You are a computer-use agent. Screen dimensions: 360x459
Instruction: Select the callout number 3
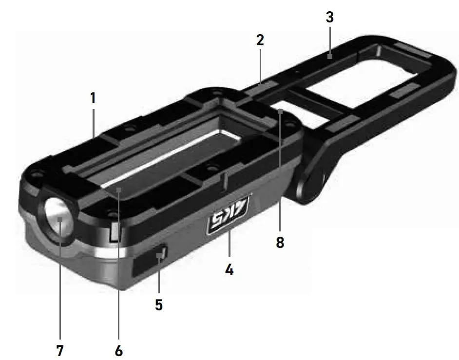pyautogui.click(x=330, y=18)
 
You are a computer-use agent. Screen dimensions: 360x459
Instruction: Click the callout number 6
pyautogui.click(x=119, y=350)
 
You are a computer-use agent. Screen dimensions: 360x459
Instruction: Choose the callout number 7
pyautogui.click(x=59, y=350)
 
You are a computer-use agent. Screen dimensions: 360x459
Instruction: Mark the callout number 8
pyautogui.click(x=280, y=242)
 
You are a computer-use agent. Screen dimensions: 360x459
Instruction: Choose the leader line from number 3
pyautogui.click(x=330, y=41)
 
